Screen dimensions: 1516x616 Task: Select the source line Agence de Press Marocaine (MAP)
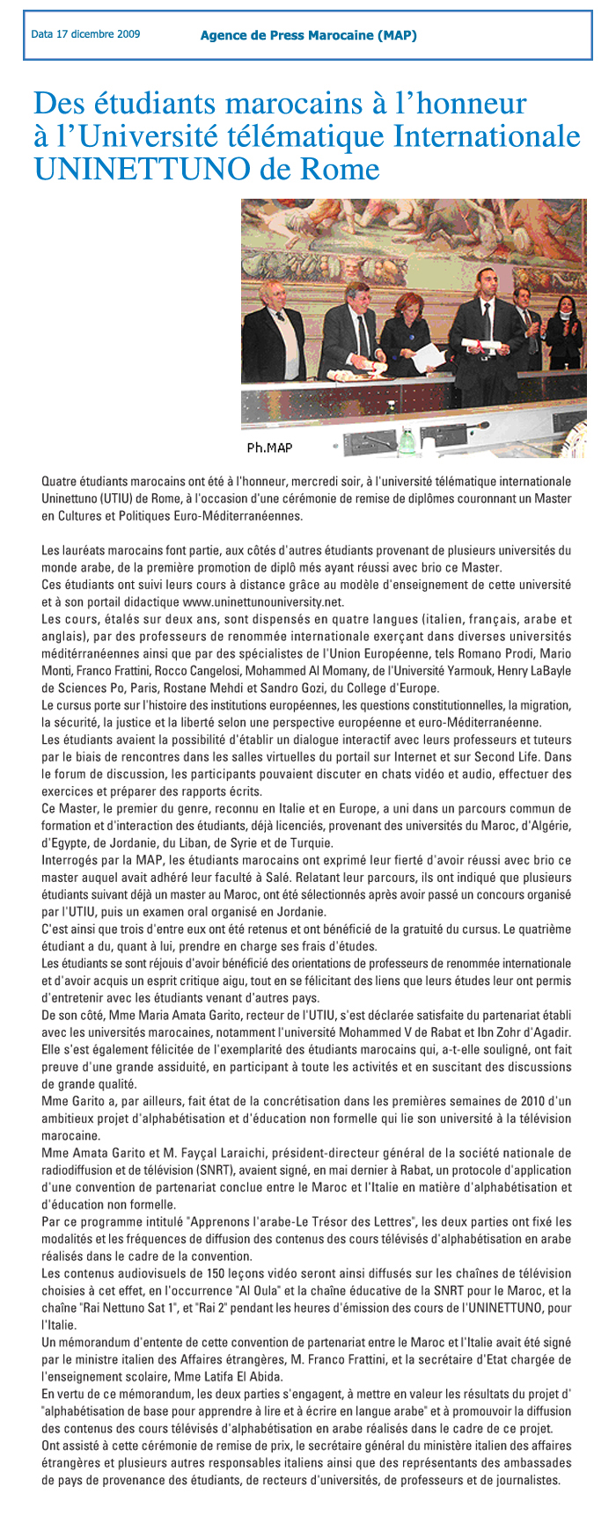coord(308,36)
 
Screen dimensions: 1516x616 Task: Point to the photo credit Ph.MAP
coord(269,448)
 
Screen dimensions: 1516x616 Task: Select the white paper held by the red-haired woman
coord(429,355)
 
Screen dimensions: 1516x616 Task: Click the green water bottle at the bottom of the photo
coord(406,437)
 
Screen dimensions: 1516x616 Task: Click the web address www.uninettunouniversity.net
coord(262,603)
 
